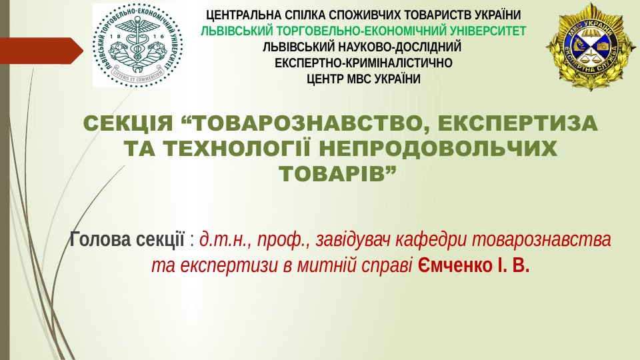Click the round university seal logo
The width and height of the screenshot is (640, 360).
[137, 45]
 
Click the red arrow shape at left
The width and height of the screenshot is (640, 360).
[41, 51]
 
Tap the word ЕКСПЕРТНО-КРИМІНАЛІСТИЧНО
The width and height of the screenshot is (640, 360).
[363, 63]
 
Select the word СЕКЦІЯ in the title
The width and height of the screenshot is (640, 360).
[129, 123]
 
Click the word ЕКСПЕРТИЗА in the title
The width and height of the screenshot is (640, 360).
[517, 123]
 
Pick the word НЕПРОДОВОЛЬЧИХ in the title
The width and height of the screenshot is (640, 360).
[438, 148]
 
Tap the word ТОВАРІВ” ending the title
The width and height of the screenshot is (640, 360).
[338, 173]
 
